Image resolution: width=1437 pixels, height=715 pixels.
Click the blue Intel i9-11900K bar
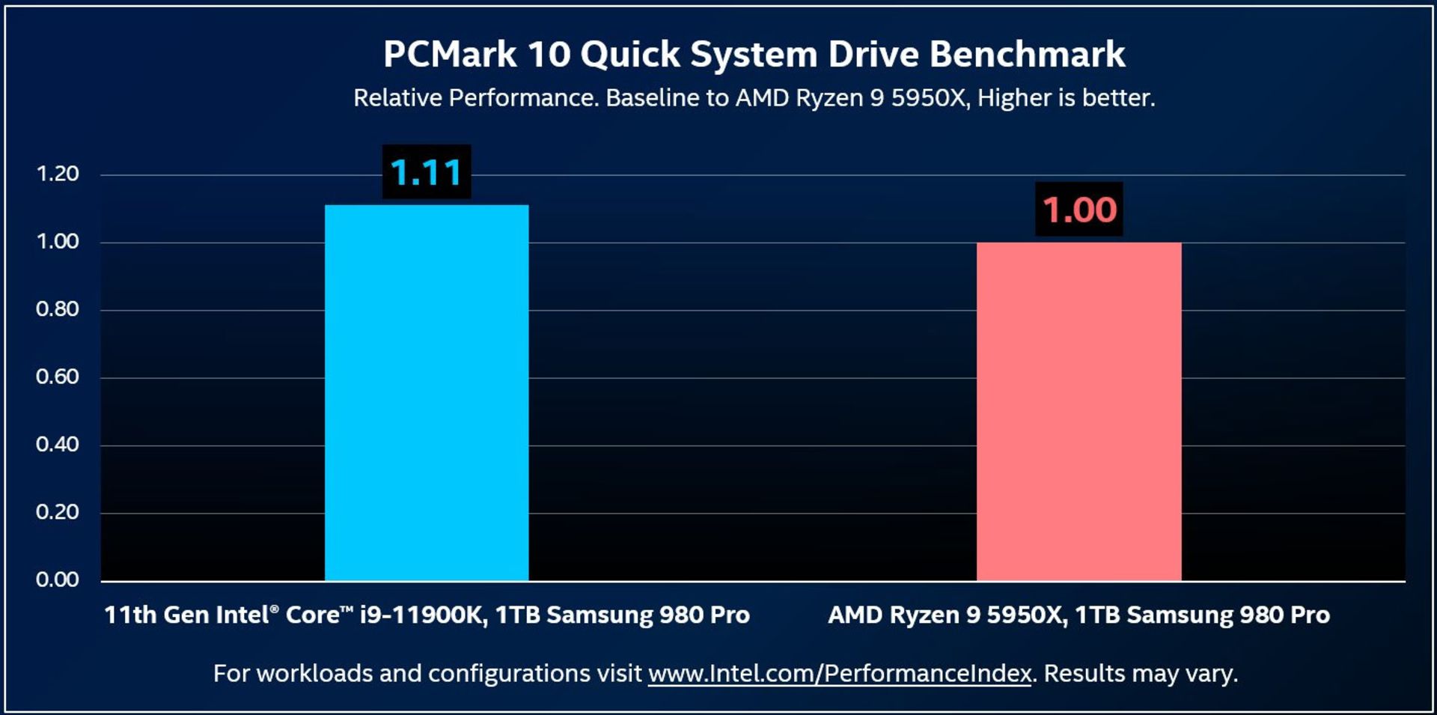coord(427,393)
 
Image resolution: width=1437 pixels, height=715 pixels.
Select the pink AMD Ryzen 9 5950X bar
coord(1078,412)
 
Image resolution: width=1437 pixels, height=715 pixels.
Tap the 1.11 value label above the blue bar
coord(427,172)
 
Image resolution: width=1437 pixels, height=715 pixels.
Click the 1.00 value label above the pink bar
coord(1078,210)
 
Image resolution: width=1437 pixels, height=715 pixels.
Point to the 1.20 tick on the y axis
coord(58,174)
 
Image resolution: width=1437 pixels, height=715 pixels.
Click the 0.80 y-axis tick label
coord(58,309)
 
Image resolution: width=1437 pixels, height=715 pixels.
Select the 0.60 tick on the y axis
coord(58,377)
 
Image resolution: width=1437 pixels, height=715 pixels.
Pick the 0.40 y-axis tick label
coord(58,445)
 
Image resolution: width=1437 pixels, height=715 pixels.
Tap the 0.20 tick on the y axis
coord(58,512)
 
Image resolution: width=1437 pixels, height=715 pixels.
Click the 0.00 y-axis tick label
coord(58,579)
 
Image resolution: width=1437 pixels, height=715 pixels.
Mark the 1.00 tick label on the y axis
coord(58,241)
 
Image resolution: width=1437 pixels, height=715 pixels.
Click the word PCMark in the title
coord(450,55)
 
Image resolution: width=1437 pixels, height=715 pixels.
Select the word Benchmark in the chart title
coord(1027,55)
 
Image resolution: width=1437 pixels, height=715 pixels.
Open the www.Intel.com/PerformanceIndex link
coord(840,674)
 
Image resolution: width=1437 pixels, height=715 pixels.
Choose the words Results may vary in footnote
coord(1140,674)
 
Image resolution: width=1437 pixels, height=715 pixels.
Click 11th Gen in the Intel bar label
coord(156,615)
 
